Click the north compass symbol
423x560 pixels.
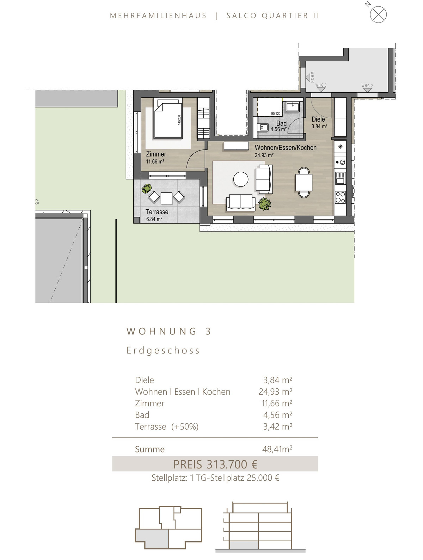tap(378, 14)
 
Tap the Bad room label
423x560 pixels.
tap(281, 123)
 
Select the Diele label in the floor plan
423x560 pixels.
tap(318, 119)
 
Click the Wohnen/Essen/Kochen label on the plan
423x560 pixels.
tap(286, 147)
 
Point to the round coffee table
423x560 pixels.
tap(240, 179)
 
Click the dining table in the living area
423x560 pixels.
tap(304, 182)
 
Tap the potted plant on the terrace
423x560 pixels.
tap(147, 189)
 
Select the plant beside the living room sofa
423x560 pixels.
tap(264, 204)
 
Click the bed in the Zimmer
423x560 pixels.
tap(168, 119)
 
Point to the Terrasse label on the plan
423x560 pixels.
tap(157, 212)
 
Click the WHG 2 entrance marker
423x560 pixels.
tap(367, 88)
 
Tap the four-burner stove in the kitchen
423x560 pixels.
tap(341, 197)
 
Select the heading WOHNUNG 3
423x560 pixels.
tap(168, 331)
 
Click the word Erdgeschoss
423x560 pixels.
tap(163, 350)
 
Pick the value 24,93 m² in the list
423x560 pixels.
tap(275, 391)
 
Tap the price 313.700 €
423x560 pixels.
tap(232, 464)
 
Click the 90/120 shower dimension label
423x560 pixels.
tap(276, 113)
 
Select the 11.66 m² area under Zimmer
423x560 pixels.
tap(155, 161)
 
